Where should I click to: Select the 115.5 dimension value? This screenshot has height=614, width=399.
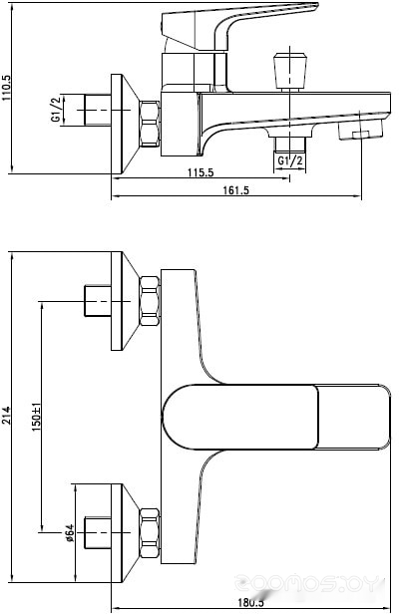[200, 172]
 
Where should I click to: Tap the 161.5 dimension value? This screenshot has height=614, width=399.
[236, 190]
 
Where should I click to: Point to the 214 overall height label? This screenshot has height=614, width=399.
[7, 416]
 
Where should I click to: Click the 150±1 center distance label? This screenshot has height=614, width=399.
[36, 417]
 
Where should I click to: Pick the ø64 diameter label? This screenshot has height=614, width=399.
[70, 532]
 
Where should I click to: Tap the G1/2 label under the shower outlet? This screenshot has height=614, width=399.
[290, 160]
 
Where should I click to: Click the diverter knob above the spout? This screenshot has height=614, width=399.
[290, 72]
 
